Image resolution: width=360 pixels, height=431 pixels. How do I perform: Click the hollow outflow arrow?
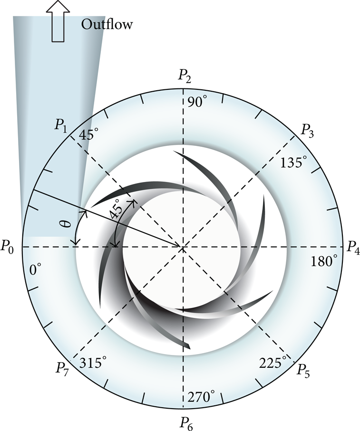[x=58, y=21]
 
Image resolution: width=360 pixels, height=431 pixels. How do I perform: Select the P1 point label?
[x=61, y=126]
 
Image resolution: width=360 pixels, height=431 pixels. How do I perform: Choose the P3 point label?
[x=308, y=130]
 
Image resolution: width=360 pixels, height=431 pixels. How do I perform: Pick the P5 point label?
[x=303, y=370]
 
